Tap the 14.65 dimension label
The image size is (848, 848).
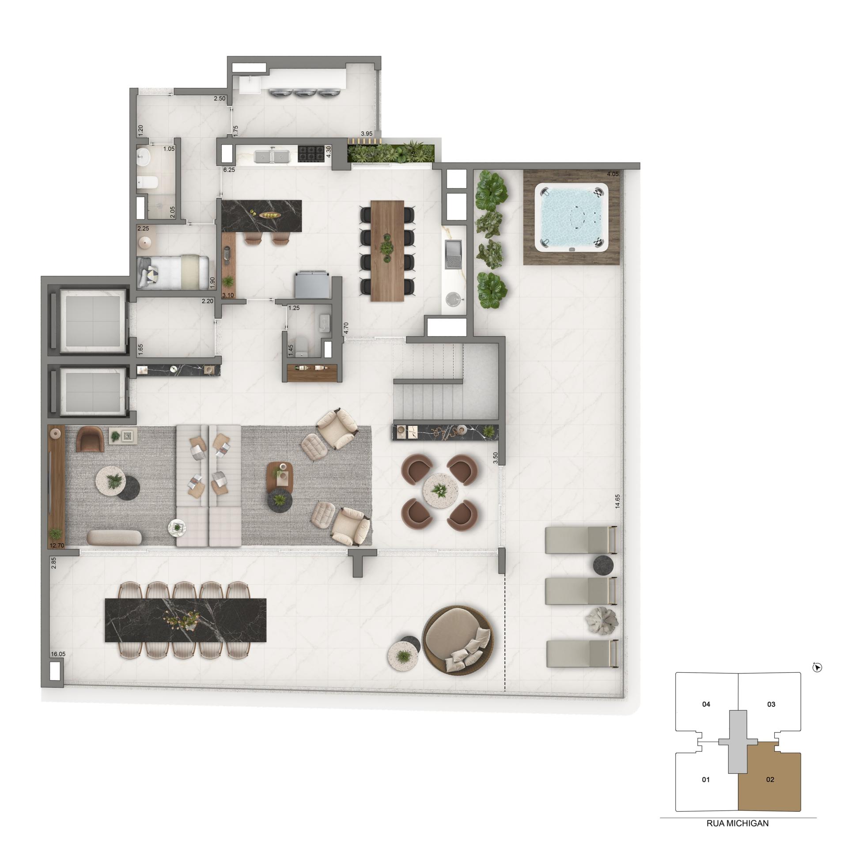point(617,501)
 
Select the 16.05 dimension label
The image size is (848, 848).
point(58,654)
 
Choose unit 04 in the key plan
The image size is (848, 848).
point(706,704)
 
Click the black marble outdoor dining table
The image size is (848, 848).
point(185,620)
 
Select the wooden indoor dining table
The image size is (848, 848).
point(387,250)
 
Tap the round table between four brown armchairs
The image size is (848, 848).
point(439,490)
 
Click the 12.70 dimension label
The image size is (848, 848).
point(57,545)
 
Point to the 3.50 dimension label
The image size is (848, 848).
point(496,458)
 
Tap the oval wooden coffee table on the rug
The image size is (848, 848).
point(280,477)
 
